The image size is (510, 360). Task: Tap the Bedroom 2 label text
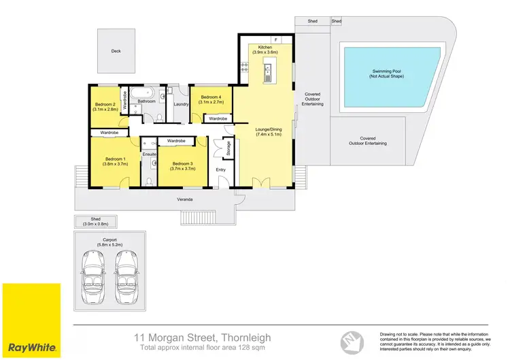[x=105, y=104]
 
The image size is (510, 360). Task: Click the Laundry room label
[x=181, y=104]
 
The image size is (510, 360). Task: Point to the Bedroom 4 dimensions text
[x=211, y=102]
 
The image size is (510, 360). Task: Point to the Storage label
[x=228, y=150]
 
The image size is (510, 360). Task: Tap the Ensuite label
[x=150, y=155]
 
